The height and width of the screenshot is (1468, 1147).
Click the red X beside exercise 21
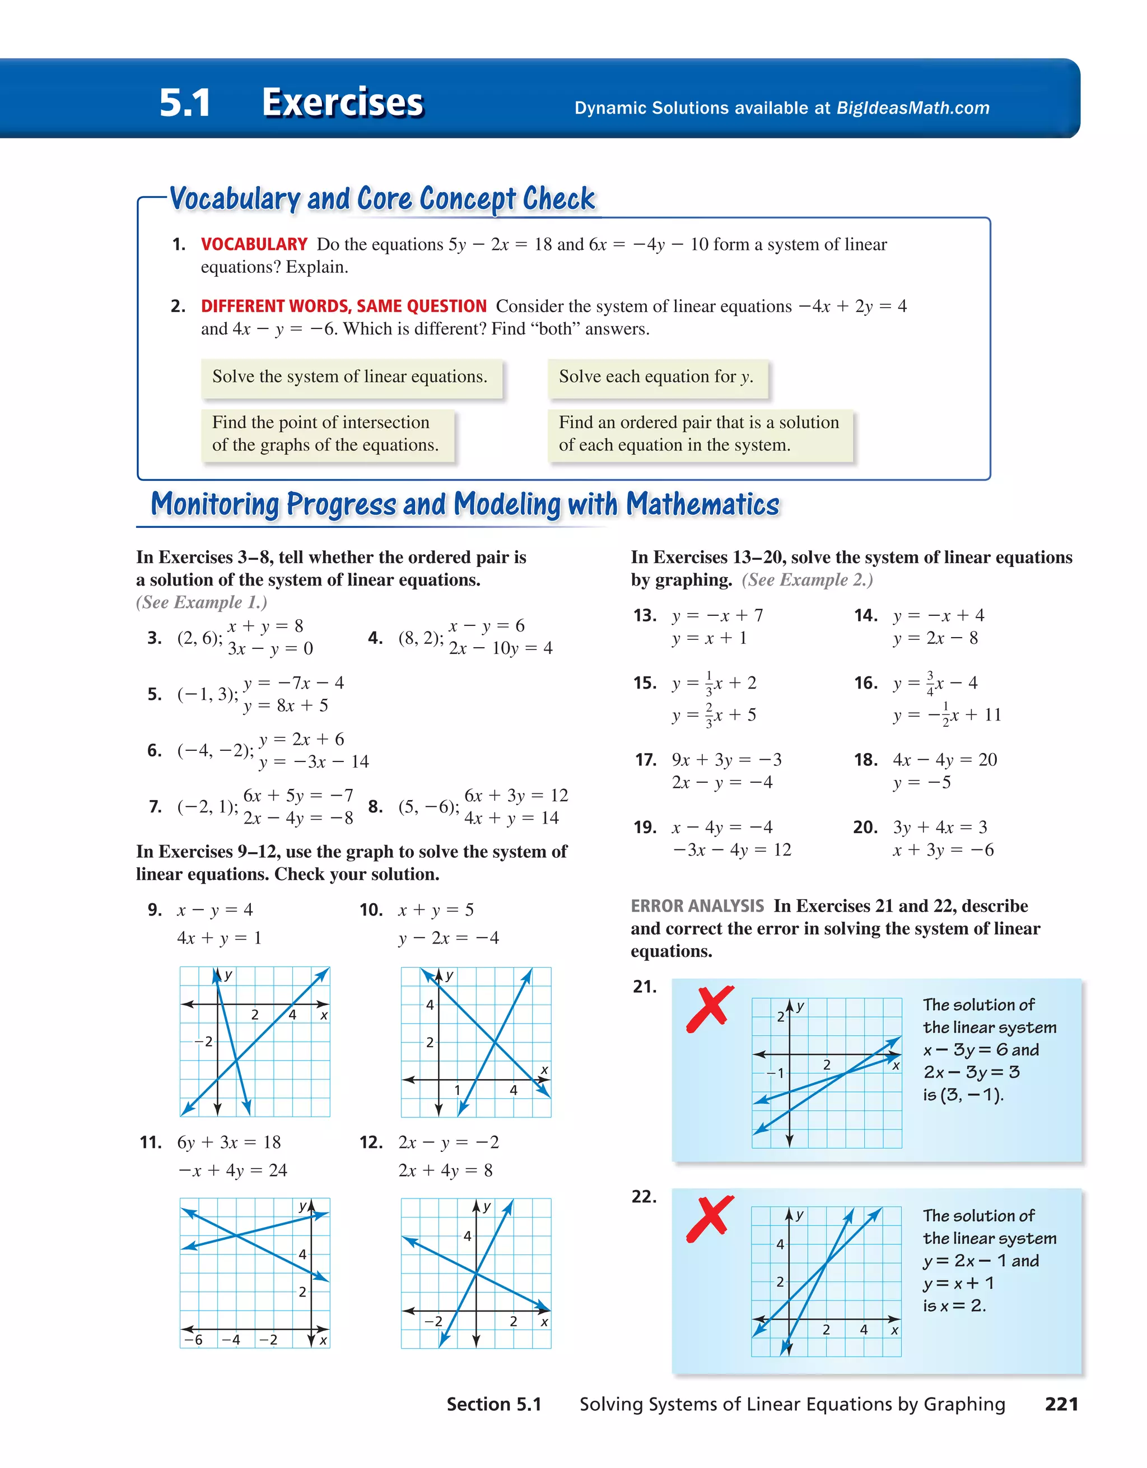[x=710, y=1010]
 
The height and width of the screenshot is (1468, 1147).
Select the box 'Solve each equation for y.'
[x=656, y=377]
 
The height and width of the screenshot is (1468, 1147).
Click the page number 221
[x=1061, y=1404]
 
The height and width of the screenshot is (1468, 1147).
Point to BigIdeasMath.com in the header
[x=912, y=108]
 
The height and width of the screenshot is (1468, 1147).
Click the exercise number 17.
[x=645, y=760]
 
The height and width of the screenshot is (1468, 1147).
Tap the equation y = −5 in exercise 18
[x=921, y=782]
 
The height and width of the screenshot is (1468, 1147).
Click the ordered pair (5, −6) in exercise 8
[x=428, y=807]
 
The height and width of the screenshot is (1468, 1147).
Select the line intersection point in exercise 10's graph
[x=495, y=1042]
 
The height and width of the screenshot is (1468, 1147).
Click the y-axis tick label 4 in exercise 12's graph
[x=467, y=1235]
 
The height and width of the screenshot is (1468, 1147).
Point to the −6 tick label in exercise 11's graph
[x=194, y=1340]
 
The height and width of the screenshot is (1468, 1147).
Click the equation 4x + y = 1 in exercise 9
[x=219, y=937]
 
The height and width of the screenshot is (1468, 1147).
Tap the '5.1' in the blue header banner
[x=185, y=103]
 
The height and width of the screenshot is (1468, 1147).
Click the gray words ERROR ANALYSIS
[x=697, y=906]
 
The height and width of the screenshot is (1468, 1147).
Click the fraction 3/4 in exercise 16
[x=930, y=682]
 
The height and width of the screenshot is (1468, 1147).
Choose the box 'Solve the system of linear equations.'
[x=349, y=377]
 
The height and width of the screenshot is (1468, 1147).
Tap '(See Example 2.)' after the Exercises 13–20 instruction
[x=807, y=579]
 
